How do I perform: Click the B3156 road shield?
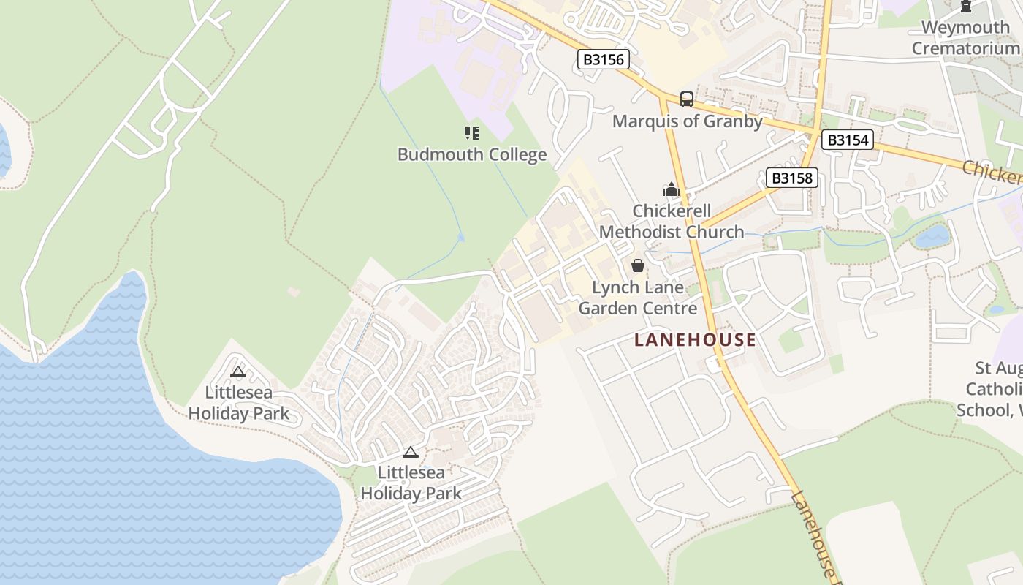(604, 59)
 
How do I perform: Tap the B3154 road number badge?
(848, 140)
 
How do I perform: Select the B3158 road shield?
(792, 178)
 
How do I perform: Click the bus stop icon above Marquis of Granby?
(686, 99)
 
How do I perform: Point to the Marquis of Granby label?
(687, 121)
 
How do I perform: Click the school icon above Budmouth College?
(472, 133)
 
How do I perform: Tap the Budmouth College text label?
(472, 154)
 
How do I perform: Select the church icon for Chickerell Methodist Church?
(672, 190)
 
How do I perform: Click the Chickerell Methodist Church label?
(672, 222)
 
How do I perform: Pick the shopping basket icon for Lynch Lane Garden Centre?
(638, 265)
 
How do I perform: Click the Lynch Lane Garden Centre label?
(638, 298)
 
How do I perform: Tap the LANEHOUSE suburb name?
(695, 340)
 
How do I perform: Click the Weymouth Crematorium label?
(965, 38)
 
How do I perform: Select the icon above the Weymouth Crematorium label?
(965, 7)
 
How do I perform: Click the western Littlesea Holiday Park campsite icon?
(238, 372)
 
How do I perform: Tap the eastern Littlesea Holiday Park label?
(411, 483)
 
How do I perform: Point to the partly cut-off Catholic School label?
(991, 388)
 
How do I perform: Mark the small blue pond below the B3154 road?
(932, 236)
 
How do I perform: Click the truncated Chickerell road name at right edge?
(992, 173)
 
